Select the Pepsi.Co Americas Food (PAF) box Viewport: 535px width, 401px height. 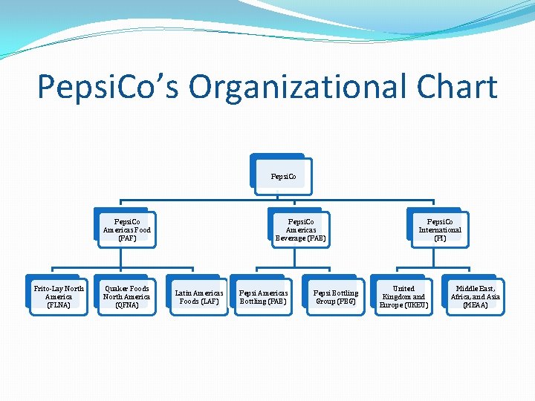click(127, 229)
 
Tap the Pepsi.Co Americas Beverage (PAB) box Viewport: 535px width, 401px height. click(300, 229)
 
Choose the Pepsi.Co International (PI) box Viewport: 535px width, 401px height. click(440, 229)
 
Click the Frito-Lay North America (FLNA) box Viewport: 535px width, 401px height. click(59, 296)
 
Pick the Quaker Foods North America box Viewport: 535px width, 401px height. click(126, 296)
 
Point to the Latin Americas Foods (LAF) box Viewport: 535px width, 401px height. click(199, 297)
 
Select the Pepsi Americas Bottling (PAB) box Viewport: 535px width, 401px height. click(264, 297)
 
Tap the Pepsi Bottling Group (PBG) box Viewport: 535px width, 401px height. click(335, 297)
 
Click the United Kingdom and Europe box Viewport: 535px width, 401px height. click(403, 296)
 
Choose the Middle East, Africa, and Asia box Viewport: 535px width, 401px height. click(476, 296)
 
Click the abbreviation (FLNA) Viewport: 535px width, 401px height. click(59, 305)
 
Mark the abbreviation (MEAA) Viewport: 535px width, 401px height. click(476, 305)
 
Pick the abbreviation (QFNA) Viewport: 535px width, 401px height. click(126, 305)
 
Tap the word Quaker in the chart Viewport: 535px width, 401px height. click(116, 288)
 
